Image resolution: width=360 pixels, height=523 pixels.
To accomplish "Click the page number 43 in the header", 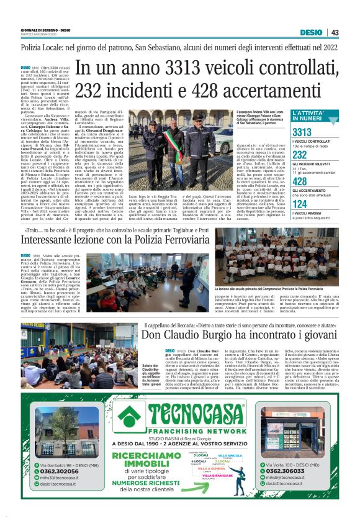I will pos(335,32).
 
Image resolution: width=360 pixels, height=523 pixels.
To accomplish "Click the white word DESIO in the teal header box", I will pos(311,32).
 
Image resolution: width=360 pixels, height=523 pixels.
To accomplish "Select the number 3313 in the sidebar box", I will pos(302,132).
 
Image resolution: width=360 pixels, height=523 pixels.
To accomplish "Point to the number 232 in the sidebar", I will pos(300,155).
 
